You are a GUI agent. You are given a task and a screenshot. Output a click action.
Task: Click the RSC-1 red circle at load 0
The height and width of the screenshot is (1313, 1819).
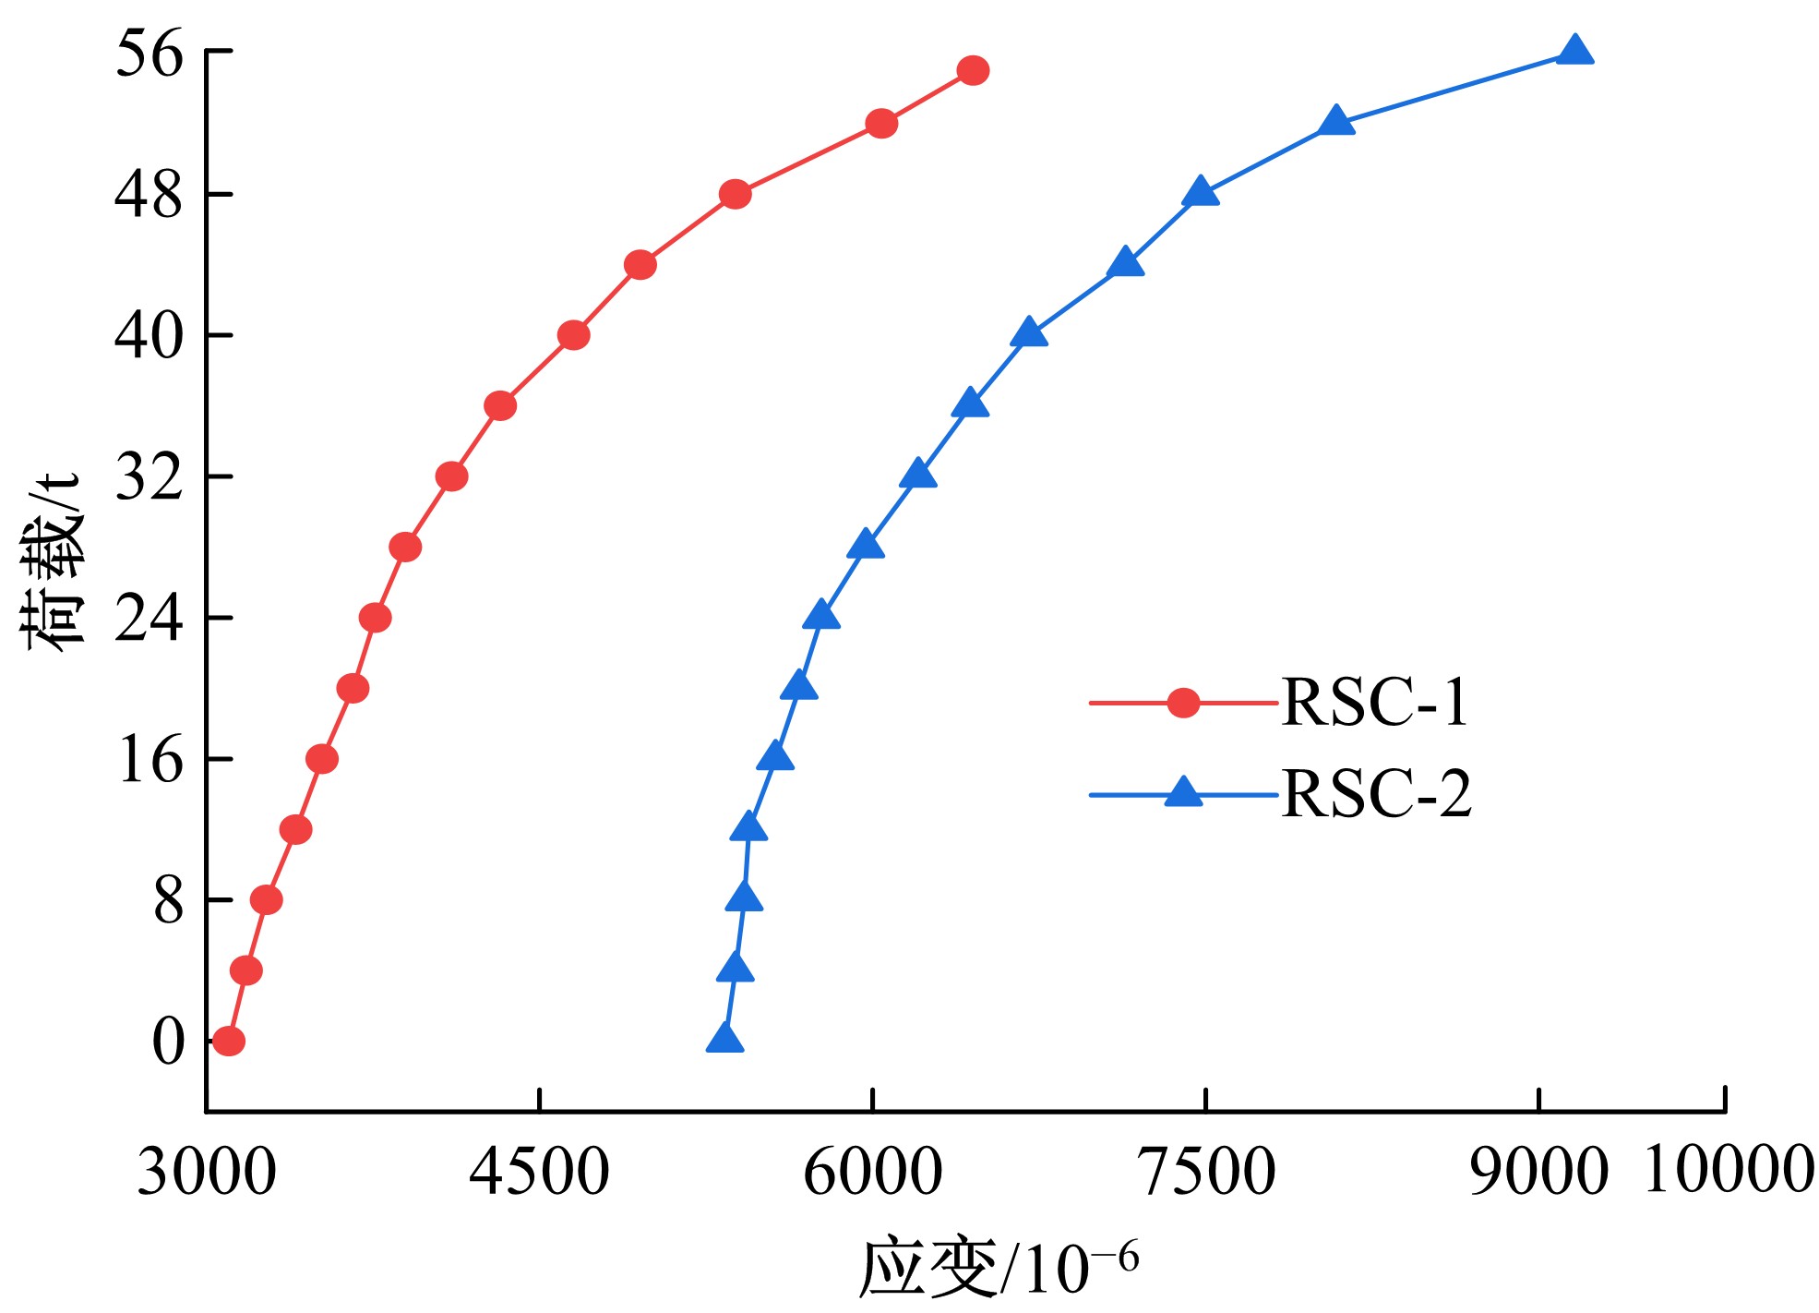pos(228,1042)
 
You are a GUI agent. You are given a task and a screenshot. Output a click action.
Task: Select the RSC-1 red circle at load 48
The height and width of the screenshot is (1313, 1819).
pos(735,194)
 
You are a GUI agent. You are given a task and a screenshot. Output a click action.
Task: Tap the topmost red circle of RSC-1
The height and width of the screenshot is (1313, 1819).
pos(973,70)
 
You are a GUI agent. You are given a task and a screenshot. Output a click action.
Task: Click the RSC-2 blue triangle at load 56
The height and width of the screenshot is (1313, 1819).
pos(1574,52)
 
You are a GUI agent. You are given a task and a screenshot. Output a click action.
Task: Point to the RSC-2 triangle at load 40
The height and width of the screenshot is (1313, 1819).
pos(1029,333)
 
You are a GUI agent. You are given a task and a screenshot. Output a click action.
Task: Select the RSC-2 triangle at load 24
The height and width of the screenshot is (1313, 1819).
pos(821,616)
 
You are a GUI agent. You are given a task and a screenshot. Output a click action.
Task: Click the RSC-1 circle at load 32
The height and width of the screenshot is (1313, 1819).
pos(451,476)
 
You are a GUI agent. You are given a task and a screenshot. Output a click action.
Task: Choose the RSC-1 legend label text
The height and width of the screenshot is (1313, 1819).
pos(1374,704)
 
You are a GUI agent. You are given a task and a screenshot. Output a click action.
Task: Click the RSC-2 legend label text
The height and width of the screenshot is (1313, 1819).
pos(1376,794)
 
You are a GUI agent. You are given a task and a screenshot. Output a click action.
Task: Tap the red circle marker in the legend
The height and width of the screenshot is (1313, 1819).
pos(1183,704)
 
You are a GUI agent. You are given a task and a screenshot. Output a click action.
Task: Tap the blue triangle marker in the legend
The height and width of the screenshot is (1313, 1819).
pos(1183,793)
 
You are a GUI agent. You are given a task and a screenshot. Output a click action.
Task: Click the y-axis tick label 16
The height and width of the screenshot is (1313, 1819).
pos(150,761)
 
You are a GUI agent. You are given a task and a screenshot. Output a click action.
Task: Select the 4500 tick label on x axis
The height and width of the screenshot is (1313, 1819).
pos(539,1172)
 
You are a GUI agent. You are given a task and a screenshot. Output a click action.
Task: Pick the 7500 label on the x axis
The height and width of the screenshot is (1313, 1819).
pos(1208,1172)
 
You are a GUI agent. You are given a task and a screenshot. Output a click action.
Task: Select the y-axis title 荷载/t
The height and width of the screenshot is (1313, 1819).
pos(52,563)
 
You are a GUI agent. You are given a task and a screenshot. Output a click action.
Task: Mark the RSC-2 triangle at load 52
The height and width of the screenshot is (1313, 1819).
pos(1335,121)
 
